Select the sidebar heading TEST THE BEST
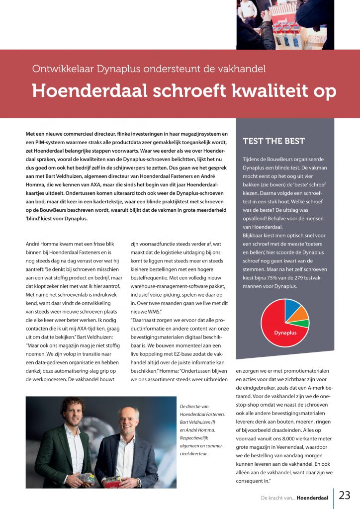pos(273,141)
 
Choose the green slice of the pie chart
pos(304,323)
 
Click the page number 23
pos(345,495)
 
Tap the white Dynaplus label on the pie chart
pos(285,333)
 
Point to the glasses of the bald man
pos(128,420)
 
